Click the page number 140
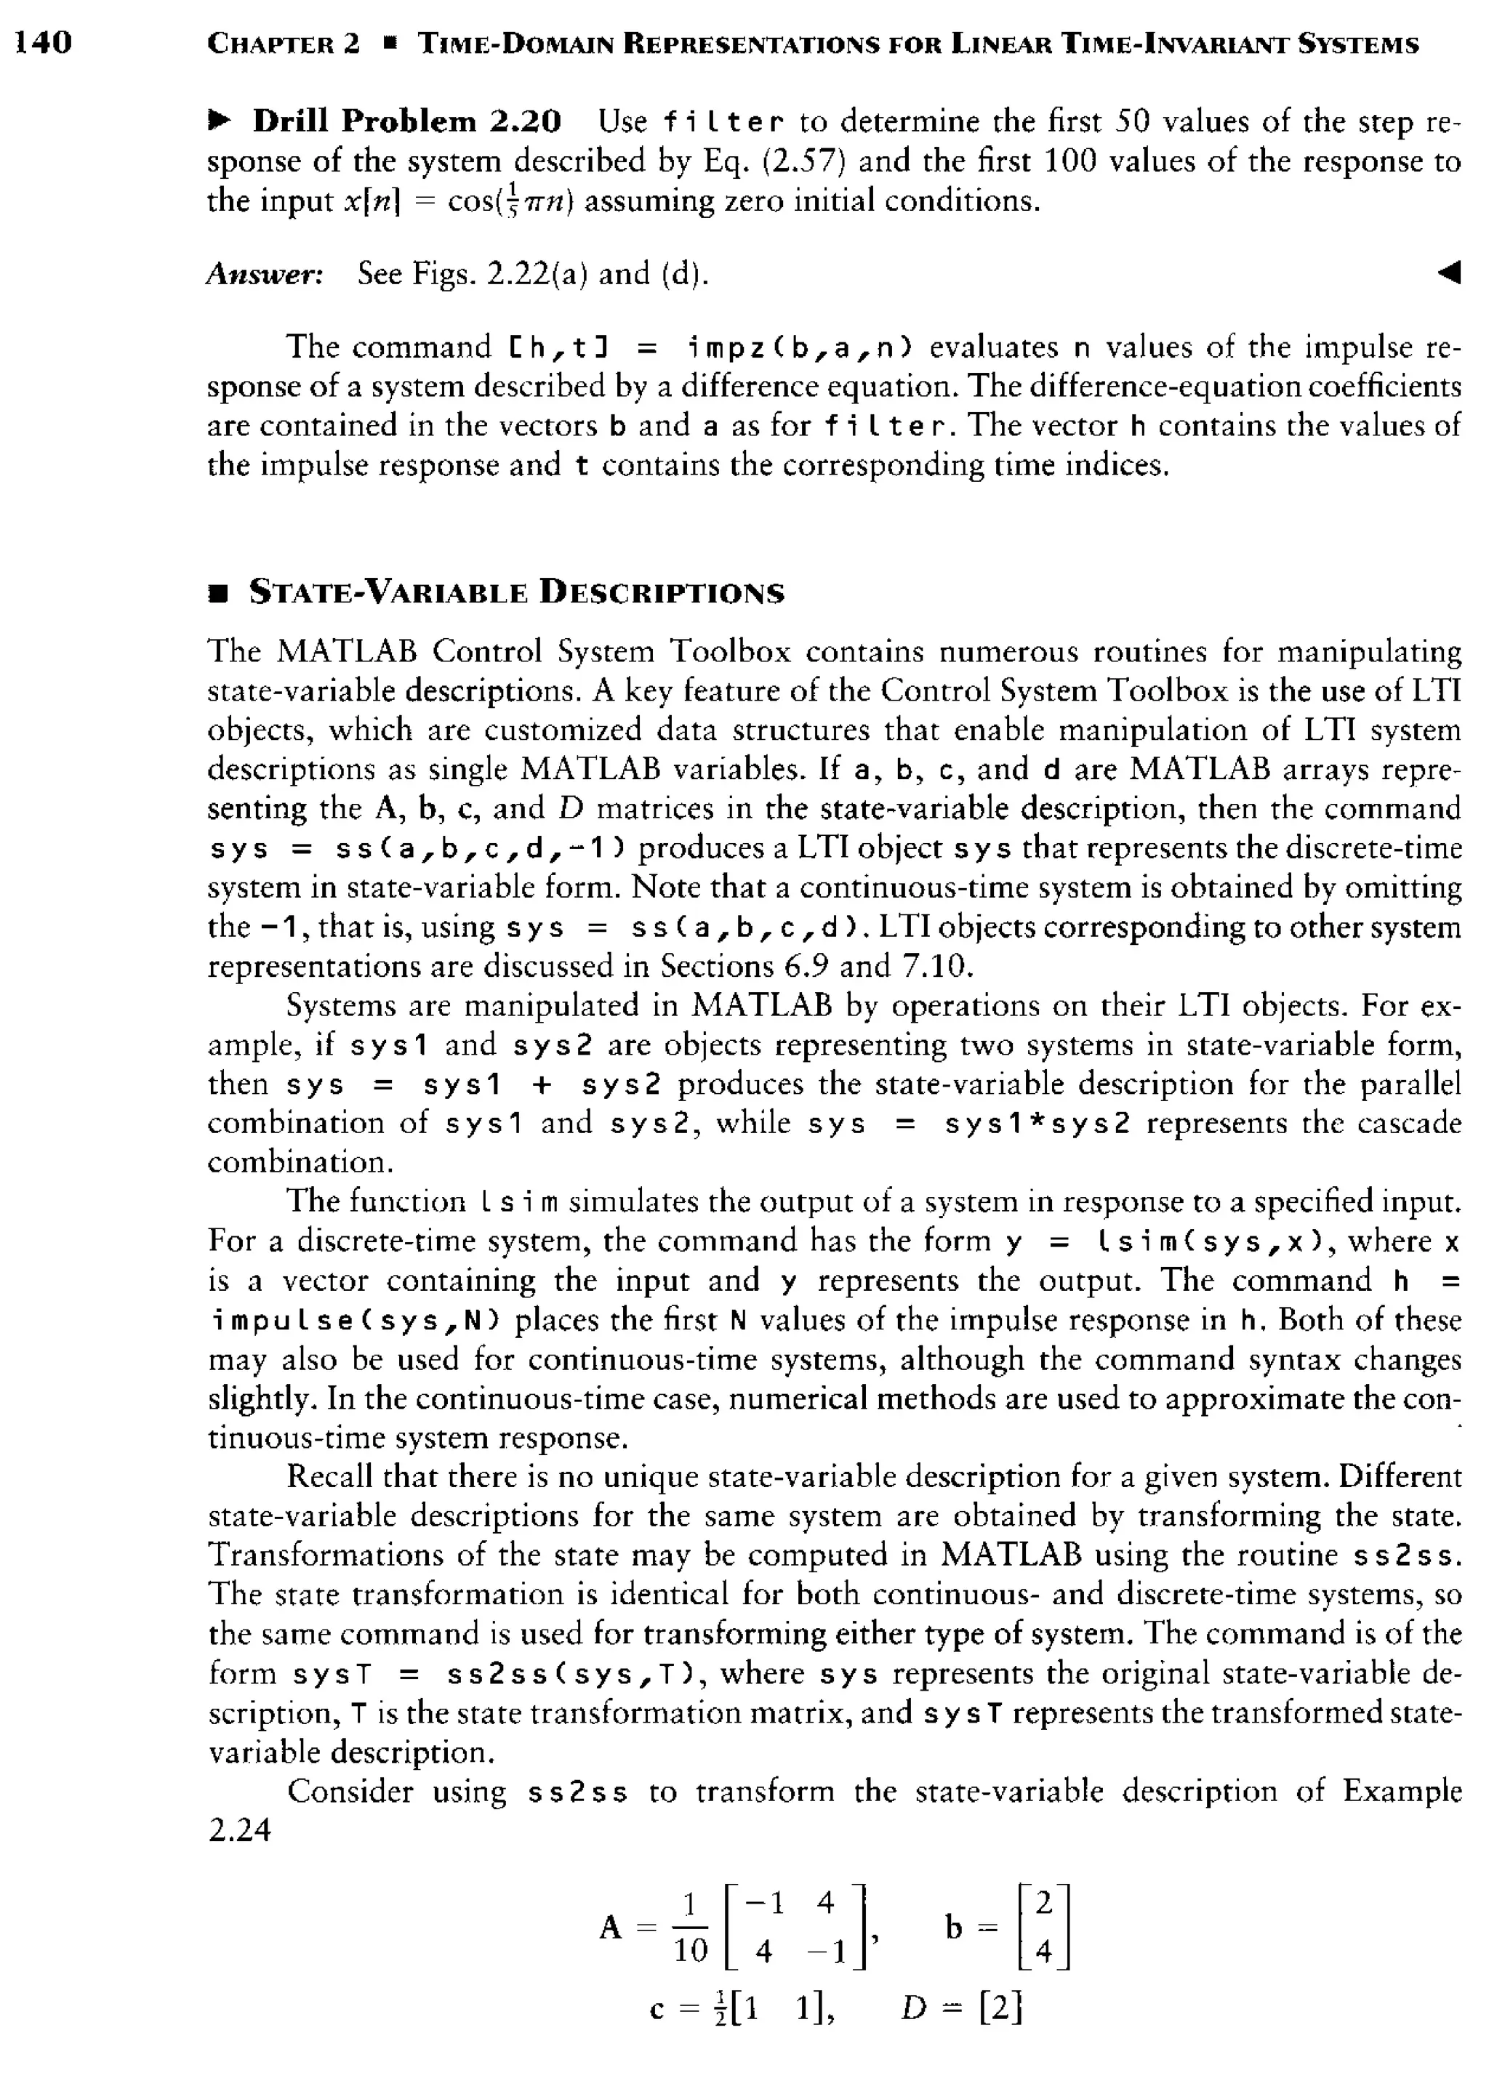43,41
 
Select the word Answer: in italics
265,273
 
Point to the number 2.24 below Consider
239,1829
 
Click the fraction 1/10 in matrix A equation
691,1930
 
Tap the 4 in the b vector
1043,1952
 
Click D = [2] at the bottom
961,2008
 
